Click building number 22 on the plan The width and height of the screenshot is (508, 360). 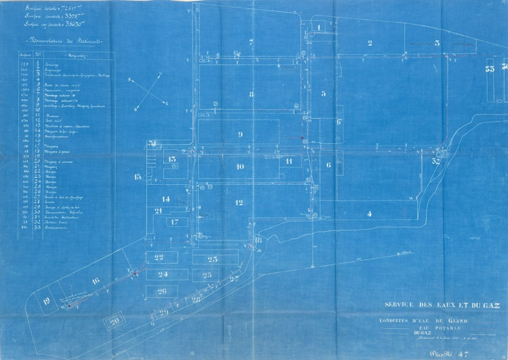click(x=159, y=257)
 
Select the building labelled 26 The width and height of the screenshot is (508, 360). click(x=162, y=291)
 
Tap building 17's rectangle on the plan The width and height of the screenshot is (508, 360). click(x=174, y=222)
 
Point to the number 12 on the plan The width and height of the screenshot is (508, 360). click(x=239, y=202)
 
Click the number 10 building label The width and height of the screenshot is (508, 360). click(x=240, y=167)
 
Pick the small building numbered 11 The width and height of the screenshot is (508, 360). click(x=288, y=161)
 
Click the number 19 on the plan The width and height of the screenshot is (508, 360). click(x=46, y=301)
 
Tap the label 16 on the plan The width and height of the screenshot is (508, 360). click(x=96, y=281)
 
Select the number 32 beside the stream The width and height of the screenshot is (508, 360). click(x=436, y=161)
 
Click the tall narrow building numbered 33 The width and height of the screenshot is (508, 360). click(x=489, y=69)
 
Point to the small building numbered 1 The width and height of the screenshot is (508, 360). click(x=318, y=27)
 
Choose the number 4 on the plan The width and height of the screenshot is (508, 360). click(x=369, y=214)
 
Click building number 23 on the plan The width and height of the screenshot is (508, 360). click(x=212, y=259)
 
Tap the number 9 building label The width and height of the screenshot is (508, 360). click(x=240, y=134)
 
